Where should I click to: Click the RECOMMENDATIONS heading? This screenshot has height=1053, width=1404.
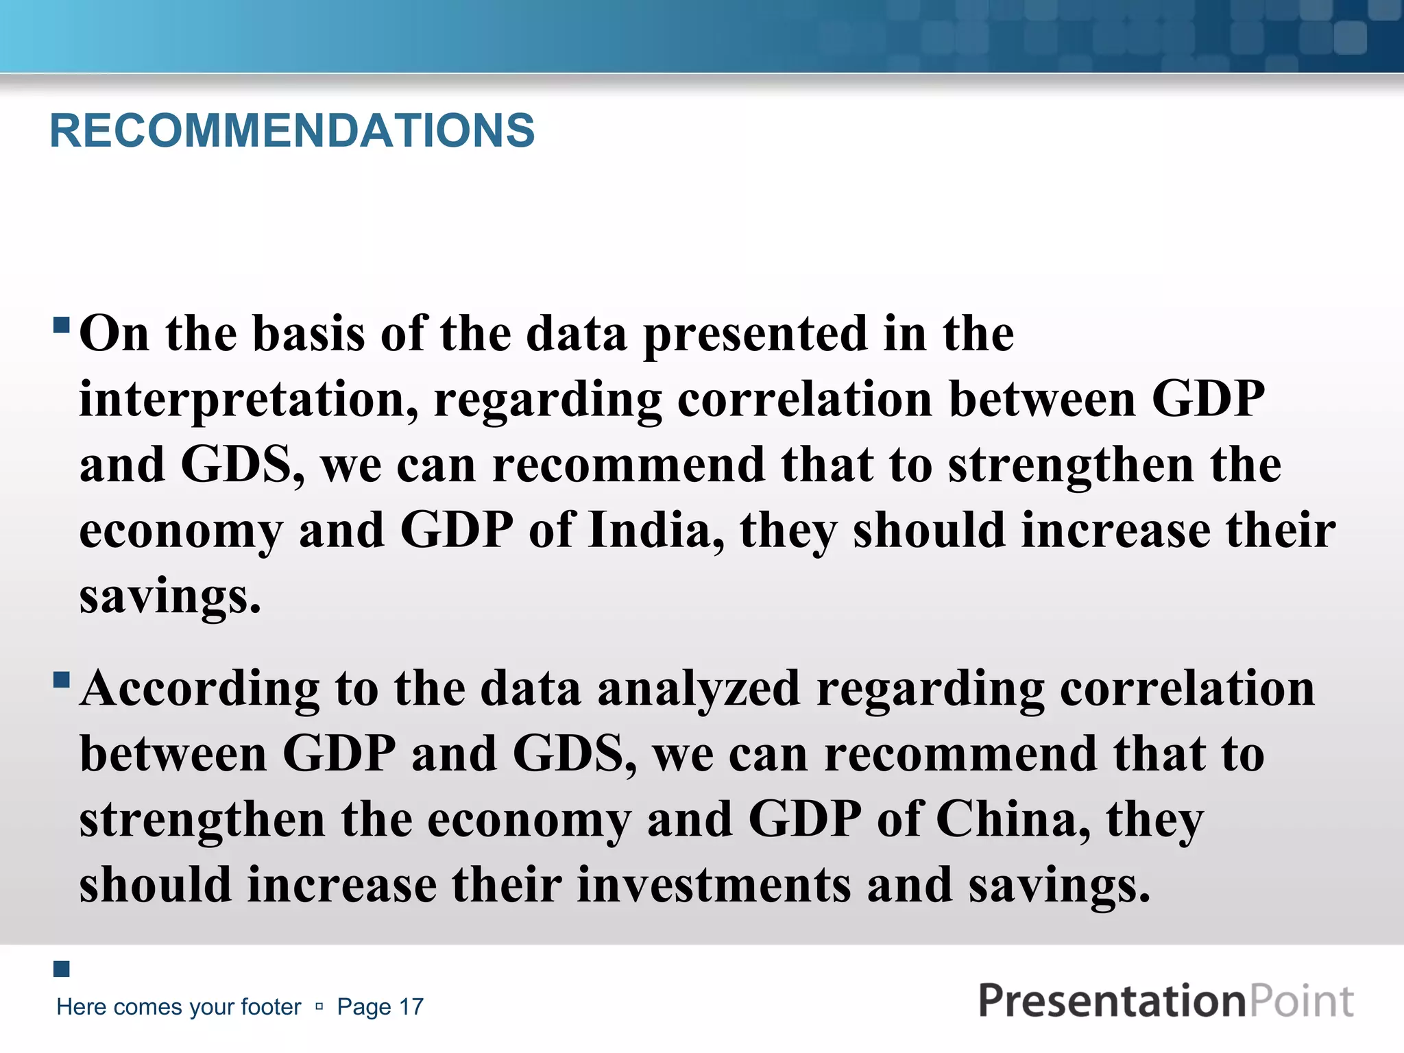pos(292,130)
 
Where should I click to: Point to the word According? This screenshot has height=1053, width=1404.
pos(199,689)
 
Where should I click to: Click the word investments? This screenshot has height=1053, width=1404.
pos(714,885)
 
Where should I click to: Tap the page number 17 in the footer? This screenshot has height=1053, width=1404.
pos(411,1007)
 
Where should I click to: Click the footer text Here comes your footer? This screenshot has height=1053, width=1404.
pos(178,1007)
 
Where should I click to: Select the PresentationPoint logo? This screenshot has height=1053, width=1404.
pos(1165,1001)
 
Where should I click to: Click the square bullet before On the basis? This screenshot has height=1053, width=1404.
pos(62,324)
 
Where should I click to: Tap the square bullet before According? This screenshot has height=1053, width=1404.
pos(62,680)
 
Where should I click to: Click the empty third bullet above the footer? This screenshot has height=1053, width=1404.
pos(62,969)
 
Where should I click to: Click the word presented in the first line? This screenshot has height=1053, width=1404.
pos(755,335)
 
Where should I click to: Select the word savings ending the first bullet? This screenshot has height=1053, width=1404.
pos(169,596)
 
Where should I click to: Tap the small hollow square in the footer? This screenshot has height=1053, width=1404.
pos(319,1006)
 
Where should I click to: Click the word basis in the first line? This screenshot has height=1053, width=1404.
pos(308,335)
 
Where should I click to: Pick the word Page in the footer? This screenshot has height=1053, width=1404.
pos(363,1007)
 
